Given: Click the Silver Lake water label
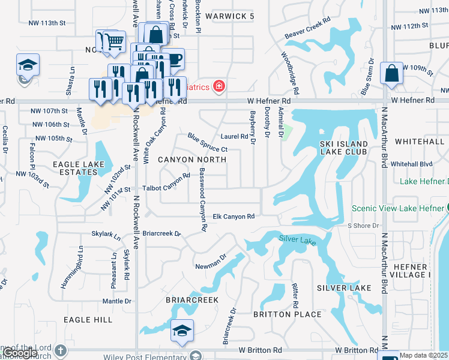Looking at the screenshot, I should click(297, 240).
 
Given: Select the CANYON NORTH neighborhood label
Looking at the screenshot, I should click(192, 160).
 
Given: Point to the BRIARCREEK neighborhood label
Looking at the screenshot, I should click(192, 298).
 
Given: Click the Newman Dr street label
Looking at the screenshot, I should click(210, 262).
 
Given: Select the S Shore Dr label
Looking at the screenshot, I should click(364, 226).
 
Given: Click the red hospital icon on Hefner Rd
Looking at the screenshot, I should click(218, 87).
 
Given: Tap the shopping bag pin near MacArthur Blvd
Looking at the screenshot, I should click(391, 74).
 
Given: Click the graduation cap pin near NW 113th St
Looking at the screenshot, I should click(28, 64).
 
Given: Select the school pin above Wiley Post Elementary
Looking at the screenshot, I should click(182, 331).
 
